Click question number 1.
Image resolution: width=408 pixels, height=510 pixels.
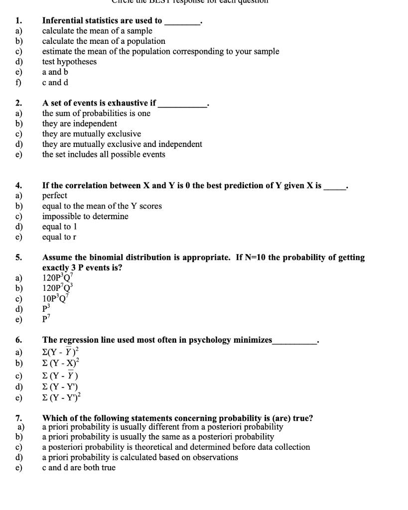(x=18, y=21)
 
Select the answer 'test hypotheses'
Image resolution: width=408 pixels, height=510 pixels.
(x=69, y=62)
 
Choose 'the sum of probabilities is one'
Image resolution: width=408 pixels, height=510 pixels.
(x=96, y=114)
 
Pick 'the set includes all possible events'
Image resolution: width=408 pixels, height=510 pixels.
(x=104, y=154)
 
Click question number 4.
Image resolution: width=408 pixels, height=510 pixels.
(x=18, y=186)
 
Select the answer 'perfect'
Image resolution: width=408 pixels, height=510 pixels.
(x=54, y=196)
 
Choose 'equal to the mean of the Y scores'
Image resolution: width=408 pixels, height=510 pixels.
(x=102, y=206)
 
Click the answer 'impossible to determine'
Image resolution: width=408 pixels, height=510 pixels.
(x=85, y=217)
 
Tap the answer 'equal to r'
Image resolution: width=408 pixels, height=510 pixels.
(x=59, y=237)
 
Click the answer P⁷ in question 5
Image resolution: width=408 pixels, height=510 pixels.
(x=47, y=319)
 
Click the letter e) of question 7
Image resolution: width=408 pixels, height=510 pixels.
(x=20, y=468)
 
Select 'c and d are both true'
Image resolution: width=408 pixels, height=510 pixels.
(x=79, y=468)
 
